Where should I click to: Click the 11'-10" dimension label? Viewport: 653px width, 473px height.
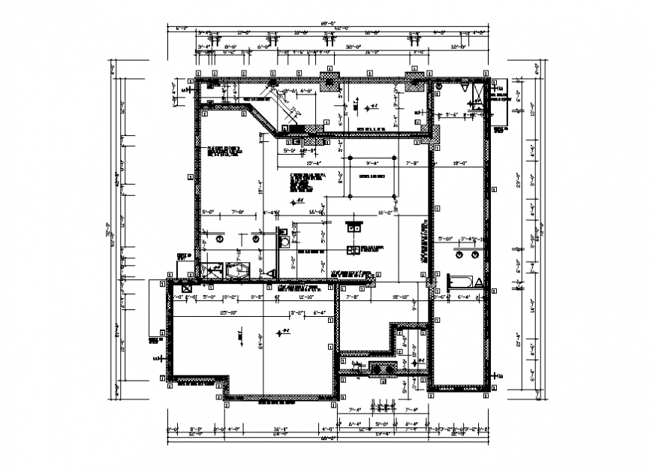305,298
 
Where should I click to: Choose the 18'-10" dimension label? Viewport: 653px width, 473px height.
400,298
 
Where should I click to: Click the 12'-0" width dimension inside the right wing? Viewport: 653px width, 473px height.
459,163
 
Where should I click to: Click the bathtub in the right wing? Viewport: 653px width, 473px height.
460,282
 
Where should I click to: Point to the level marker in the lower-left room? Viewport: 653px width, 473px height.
282,332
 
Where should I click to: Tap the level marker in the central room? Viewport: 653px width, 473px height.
297,201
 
